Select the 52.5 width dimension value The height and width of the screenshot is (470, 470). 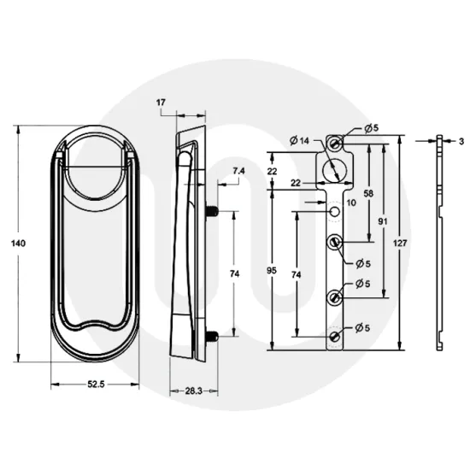(x=95, y=385)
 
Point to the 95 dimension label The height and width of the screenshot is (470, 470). (x=272, y=271)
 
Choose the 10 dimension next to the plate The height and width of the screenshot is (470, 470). (x=350, y=203)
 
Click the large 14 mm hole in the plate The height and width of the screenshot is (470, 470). (x=336, y=168)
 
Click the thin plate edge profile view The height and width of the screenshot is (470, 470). (x=439, y=244)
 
